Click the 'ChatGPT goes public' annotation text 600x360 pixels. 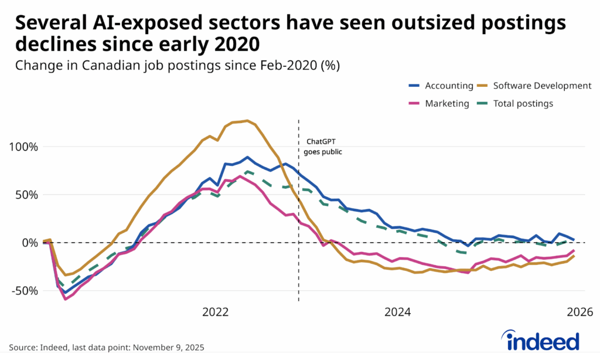[x=322, y=146]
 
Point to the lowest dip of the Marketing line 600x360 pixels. [x=65, y=299]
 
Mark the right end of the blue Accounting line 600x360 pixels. [x=574, y=240]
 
